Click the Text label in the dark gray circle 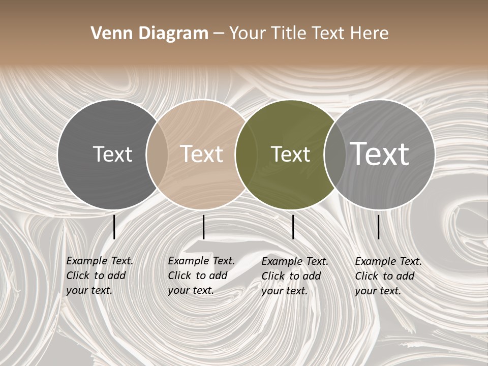pos(112,154)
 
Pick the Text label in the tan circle pos(201,154)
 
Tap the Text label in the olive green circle pos(290,154)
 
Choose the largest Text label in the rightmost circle pos(379,154)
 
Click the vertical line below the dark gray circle pos(114,227)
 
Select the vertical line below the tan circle pos(203,227)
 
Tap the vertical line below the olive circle pos(293,227)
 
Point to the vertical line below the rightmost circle pos(378,227)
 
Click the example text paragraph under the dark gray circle pos(99,276)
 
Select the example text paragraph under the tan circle pos(201,276)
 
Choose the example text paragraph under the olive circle pos(294,276)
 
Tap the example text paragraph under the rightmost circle pos(388,276)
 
